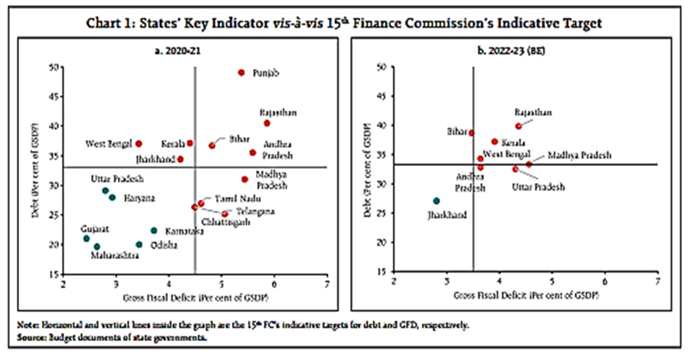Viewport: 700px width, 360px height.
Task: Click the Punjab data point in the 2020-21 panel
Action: point(241,73)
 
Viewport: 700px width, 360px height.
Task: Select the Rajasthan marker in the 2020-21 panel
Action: point(267,123)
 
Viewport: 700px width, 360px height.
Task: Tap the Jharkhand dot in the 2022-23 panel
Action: point(437,201)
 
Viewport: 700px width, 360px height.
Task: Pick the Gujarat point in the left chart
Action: point(87,239)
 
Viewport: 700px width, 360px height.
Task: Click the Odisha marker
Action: point(139,245)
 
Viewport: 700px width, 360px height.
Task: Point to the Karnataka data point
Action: point(154,231)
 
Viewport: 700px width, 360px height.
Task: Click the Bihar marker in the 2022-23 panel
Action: point(472,133)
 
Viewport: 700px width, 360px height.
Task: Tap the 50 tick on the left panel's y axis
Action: point(57,68)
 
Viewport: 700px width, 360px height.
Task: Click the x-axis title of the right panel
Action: point(525,296)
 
